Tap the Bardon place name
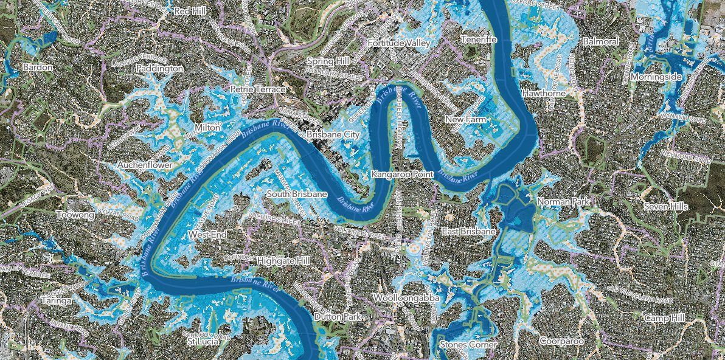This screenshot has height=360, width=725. click(x=35, y=66)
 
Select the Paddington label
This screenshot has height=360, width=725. click(x=159, y=69)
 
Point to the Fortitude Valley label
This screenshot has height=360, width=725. click(x=399, y=43)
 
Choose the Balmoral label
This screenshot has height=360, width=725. click(x=600, y=41)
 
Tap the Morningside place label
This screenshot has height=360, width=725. click(x=655, y=78)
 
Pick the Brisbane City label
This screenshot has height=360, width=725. click(x=333, y=134)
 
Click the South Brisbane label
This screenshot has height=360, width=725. click(x=297, y=194)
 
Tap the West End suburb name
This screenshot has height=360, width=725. click(x=207, y=234)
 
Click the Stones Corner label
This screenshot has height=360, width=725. click(x=468, y=345)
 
